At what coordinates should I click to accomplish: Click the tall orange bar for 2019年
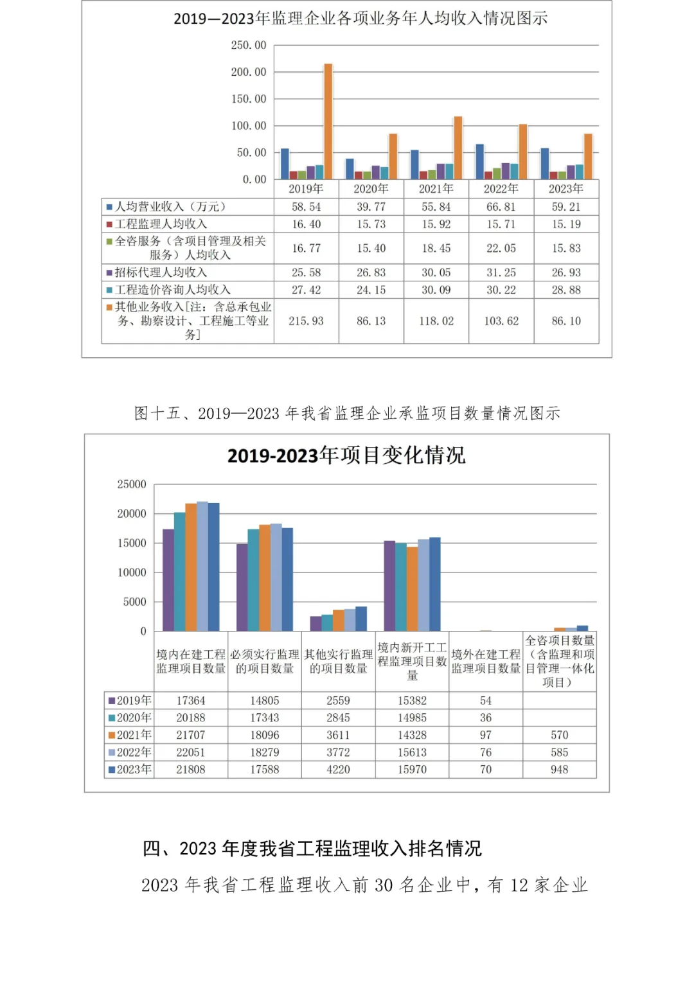328,122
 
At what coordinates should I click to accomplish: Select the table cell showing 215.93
306,321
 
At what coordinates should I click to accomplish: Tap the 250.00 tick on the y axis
249,45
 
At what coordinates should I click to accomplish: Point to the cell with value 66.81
501,207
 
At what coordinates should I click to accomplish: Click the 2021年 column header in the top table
436,189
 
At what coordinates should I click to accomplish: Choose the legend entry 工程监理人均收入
161,224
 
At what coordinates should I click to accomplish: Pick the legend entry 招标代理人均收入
161,272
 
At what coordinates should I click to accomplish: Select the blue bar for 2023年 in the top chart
545,164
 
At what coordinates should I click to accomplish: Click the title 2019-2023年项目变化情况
346,455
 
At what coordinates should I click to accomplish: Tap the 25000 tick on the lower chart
132,484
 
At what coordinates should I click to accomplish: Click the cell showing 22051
191,752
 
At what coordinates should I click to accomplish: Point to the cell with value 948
559,770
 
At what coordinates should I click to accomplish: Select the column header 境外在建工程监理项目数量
486,662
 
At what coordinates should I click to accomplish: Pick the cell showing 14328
412,735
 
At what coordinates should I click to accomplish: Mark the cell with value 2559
338,701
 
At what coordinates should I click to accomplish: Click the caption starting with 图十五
347,413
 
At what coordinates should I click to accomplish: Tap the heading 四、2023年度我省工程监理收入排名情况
312,849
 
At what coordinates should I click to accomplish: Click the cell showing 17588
265,770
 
